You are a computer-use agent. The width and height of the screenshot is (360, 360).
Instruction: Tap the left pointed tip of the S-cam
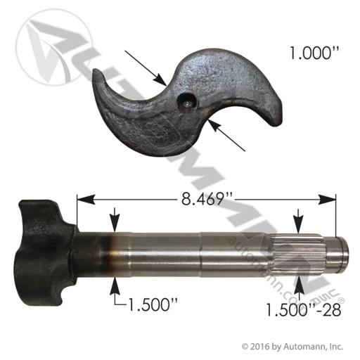96,71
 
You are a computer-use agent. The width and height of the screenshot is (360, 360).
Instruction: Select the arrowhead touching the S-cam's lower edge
216,126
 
